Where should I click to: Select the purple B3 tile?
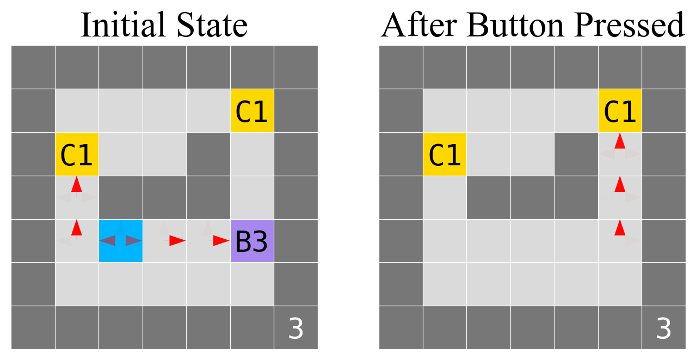tap(252, 241)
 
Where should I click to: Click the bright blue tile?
tap(120, 241)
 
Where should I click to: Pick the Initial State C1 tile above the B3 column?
tap(252, 111)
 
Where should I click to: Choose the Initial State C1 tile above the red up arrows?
tap(77, 154)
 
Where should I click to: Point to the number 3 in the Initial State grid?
tap(295, 329)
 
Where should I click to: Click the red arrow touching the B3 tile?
tap(221, 240)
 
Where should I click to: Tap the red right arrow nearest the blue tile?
tap(177, 240)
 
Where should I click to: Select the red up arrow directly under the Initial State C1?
tap(77, 184)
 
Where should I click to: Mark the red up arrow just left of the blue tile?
tap(77, 227)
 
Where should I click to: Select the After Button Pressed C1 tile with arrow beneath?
tap(620, 111)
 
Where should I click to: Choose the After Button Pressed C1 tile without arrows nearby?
tap(445, 154)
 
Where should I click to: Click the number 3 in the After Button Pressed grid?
tap(663, 329)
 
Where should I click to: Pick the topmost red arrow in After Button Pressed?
tap(619, 141)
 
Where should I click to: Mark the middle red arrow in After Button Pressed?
tap(619, 184)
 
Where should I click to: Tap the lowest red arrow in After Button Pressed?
tap(619, 227)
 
